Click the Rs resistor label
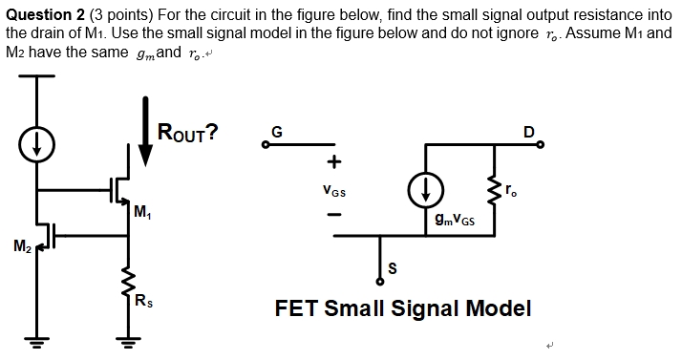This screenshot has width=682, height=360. point(142,304)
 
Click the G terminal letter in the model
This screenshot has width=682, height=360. point(276,134)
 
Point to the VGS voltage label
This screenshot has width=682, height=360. point(334,190)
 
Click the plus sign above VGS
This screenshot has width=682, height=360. point(333,163)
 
